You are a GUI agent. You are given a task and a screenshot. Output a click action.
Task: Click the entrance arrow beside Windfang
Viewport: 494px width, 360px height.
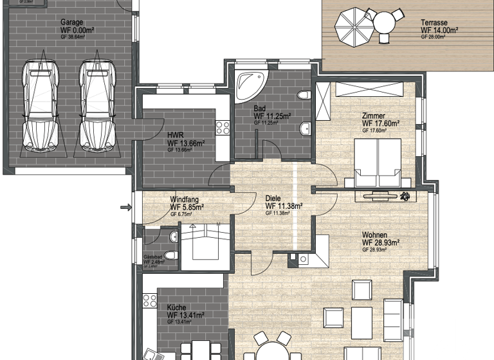pos(125,207)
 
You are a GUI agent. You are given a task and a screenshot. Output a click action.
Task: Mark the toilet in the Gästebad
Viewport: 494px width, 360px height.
pos(172,239)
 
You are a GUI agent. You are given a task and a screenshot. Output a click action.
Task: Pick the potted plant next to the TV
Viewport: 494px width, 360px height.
pos(405,195)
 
